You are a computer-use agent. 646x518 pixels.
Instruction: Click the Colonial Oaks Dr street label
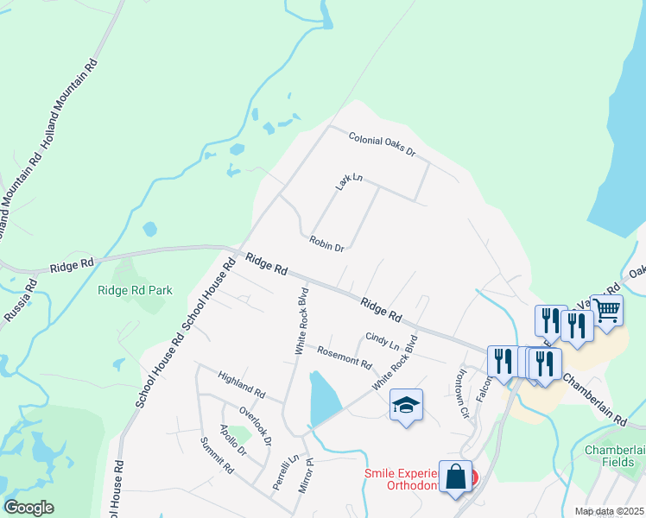point(383,144)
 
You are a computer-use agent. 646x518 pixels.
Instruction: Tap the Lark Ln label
point(349,181)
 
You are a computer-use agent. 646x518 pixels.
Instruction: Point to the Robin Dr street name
point(326,242)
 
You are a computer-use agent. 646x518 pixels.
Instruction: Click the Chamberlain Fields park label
point(615,457)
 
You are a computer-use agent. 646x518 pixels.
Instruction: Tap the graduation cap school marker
point(406,404)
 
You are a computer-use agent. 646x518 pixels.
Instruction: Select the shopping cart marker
point(607,308)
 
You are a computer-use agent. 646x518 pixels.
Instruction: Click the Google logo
point(28,508)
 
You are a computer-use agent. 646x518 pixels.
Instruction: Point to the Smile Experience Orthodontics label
point(410,479)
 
